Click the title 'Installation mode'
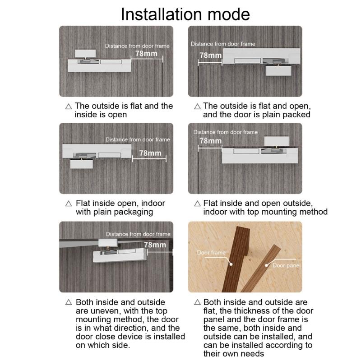(185, 14)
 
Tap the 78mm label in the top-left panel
(146, 53)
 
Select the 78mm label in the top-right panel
(210, 55)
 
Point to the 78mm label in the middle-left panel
(150, 153)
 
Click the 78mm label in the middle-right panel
(210, 141)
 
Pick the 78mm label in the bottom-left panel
(155, 245)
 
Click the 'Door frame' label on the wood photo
(211, 253)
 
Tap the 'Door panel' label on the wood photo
(287, 265)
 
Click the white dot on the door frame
(231, 264)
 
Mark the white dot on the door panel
(266, 265)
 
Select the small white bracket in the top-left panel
(85, 53)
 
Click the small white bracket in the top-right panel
(278, 71)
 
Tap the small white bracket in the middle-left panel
(82, 164)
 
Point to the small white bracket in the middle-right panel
(277, 141)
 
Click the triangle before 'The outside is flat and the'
(69, 106)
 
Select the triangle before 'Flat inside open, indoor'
(69, 204)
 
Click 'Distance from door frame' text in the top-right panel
(223, 44)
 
